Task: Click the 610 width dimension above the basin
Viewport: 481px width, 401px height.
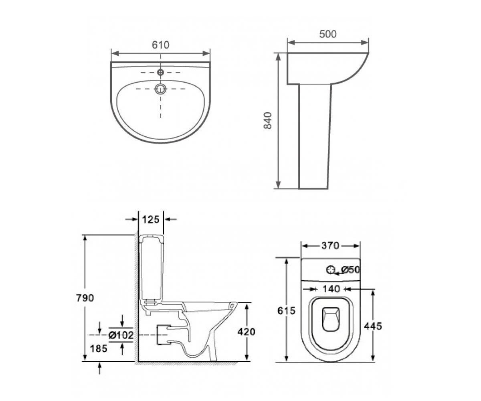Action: (x=161, y=45)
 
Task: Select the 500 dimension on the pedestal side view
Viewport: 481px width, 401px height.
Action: (x=328, y=34)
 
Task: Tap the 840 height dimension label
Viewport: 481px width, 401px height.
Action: (x=268, y=121)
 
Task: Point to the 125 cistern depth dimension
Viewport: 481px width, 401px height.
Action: (x=151, y=219)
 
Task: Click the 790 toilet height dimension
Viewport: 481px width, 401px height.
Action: (x=85, y=298)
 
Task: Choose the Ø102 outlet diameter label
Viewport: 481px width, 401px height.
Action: (x=121, y=335)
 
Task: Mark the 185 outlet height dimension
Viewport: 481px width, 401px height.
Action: (x=99, y=349)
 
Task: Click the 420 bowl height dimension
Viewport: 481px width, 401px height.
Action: (x=247, y=332)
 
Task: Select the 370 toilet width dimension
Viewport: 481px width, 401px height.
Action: (x=330, y=246)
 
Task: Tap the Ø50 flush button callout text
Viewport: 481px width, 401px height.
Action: (x=351, y=269)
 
